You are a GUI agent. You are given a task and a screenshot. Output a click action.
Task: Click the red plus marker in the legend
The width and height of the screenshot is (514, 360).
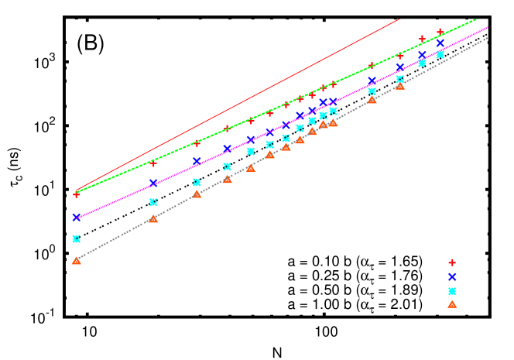point(452,262)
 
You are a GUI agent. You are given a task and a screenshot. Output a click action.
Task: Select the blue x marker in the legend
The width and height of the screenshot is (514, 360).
point(452,276)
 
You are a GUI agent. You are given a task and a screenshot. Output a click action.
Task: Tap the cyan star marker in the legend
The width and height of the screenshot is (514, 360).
point(452,291)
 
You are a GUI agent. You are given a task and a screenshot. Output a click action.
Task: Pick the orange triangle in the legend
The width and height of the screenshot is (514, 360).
point(452,304)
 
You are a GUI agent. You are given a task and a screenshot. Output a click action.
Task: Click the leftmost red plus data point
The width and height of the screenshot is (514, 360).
point(76,194)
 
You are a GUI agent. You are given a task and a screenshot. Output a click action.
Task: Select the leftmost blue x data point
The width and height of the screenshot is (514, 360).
point(76,218)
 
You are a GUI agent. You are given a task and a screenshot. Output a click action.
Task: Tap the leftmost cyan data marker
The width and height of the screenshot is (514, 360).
point(76,238)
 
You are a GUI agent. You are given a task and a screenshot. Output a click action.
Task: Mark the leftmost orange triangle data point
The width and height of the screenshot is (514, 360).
point(76,261)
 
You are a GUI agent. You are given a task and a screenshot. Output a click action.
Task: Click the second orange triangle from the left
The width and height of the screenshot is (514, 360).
point(153,218)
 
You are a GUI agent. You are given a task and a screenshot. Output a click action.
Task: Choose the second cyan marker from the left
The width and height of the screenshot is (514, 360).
point(153,202)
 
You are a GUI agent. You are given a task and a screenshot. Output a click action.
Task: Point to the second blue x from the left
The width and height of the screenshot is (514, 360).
point(153,183)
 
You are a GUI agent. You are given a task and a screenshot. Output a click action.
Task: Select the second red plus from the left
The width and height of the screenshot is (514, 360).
point(153,163)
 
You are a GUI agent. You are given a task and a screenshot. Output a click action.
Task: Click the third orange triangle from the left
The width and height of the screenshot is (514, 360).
point(197,194)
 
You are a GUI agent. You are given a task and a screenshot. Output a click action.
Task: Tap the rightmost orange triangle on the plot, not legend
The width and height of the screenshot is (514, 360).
point(400,85)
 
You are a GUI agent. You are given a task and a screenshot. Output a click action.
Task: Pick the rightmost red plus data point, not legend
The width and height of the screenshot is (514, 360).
point(440,32)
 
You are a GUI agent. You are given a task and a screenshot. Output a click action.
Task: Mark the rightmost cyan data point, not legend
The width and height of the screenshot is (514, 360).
point(440,54)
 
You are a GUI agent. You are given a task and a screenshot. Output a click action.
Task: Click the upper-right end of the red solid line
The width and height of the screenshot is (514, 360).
point(400,19)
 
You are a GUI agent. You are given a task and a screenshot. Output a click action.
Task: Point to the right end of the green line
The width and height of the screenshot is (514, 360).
point(478,19)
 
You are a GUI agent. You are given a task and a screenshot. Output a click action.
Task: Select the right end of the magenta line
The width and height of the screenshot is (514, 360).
point(488,27)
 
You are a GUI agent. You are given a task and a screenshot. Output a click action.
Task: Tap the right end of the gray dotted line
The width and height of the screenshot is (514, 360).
point(488,37)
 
